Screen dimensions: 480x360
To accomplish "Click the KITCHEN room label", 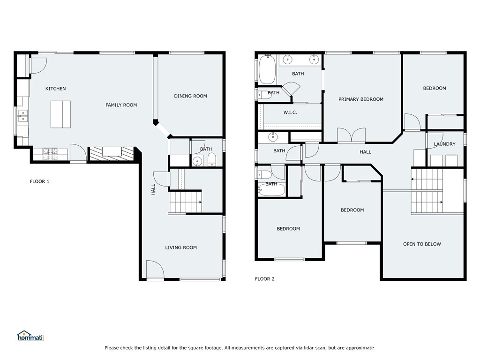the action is click(55, 89).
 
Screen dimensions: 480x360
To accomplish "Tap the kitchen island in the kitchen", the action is click(60, 114).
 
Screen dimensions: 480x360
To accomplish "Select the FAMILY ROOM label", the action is click(121, 105).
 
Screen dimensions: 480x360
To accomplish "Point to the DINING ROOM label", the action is click(190, 96).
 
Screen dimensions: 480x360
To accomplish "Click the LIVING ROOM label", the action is click(181, 247).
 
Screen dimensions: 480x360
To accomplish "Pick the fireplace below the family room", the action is click(112, 153).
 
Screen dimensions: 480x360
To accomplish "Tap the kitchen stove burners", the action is click(50, 154).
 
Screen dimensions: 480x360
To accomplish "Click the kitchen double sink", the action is click(22, 116).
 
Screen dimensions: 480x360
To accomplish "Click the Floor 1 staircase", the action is click(186, 202).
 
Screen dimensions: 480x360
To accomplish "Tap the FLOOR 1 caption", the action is click(39, 181).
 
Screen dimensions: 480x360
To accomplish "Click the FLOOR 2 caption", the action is click(265, 279).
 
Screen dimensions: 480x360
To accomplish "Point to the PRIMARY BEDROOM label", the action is click(361, 99).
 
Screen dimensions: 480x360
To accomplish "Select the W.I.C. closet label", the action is click(290, 112).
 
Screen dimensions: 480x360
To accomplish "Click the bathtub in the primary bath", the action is click(267, 69).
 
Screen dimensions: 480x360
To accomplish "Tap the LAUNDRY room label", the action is click(444, 144).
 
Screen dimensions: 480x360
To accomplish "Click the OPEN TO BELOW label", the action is click(422, 244).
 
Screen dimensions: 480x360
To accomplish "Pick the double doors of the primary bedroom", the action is click(352, 135).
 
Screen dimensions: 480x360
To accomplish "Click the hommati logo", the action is click(30, 336).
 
